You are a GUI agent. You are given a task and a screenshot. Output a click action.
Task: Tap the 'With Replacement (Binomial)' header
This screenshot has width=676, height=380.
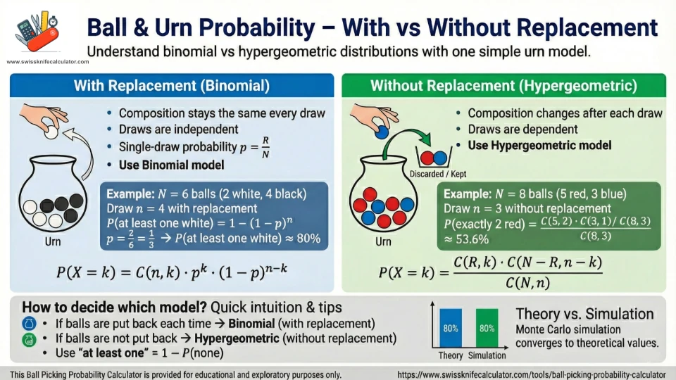172,87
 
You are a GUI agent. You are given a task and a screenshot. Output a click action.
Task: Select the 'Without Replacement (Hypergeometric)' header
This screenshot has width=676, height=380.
503,87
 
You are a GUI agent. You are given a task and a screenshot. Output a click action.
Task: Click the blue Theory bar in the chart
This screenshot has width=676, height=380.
451,328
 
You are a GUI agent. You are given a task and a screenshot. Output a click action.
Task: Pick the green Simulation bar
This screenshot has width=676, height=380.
487,328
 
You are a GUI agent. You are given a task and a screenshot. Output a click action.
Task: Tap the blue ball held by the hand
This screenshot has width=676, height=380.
382,130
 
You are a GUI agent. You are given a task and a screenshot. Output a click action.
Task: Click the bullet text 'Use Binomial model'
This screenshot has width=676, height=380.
171,165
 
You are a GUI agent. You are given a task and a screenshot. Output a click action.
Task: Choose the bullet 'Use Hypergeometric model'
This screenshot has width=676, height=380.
539,146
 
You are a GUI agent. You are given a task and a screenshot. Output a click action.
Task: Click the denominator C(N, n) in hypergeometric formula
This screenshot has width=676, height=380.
520,284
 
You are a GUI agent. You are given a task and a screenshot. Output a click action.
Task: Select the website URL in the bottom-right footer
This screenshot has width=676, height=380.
531,374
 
